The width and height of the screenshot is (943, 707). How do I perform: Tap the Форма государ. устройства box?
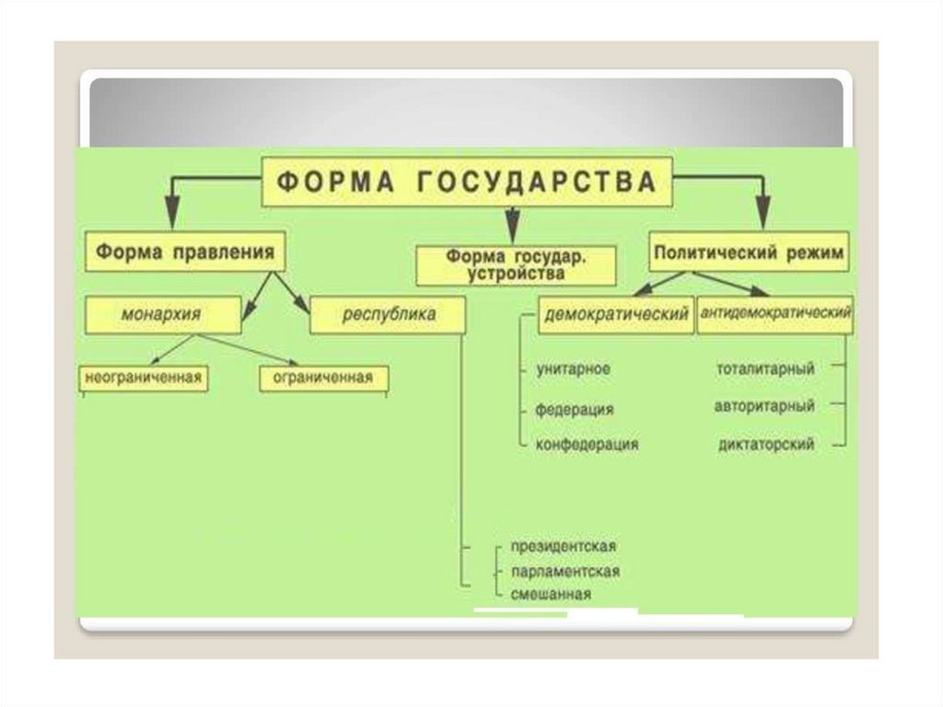coord(513,265)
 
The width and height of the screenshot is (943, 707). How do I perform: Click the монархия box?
coord(161,314)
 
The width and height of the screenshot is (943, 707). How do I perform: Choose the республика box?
coord(388,314)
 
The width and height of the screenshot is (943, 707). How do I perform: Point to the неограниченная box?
coord(143,377)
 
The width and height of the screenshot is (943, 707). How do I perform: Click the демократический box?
coord(616,314)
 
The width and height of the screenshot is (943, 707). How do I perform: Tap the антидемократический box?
coord(774,313)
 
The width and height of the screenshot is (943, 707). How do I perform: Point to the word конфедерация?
coord(588,444)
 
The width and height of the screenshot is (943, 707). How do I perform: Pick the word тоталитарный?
coord(765,369)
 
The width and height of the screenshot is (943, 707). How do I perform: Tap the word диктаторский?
coord(765,444)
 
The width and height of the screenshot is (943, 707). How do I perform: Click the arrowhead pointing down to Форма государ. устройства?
coord(509,230)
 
